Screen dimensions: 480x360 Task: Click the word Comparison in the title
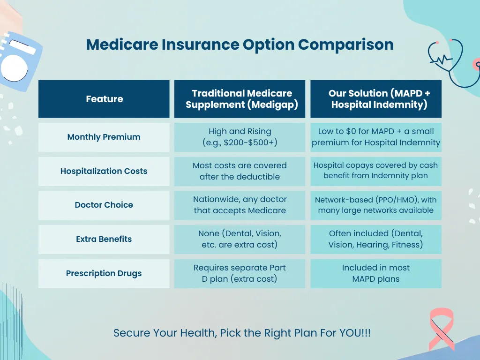pos(345,45)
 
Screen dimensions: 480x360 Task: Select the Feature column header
pos(104,99)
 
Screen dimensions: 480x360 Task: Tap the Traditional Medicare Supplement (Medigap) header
pos(240,99)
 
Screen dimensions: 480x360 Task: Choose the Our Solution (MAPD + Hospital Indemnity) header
pos(376,99)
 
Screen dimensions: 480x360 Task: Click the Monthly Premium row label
pos(104,137)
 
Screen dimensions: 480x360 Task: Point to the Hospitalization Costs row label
pos(104,171)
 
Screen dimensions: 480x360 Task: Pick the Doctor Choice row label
pos(104,205)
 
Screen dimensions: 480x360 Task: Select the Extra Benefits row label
pos(104,240)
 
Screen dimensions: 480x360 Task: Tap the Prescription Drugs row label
pos(104,273)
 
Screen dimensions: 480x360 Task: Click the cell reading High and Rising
pos(240,137)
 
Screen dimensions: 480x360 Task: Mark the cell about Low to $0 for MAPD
pos(376,137)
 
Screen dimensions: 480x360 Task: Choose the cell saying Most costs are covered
pos(240,171)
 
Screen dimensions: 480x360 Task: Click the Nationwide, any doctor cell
pos(240,205)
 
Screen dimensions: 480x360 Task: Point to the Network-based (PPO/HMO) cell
pos(376,205)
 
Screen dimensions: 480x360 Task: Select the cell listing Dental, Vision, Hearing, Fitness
pos(376,240)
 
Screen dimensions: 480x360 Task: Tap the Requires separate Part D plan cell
pos(240,273)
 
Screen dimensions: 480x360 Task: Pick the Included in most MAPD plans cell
pos(376,273)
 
